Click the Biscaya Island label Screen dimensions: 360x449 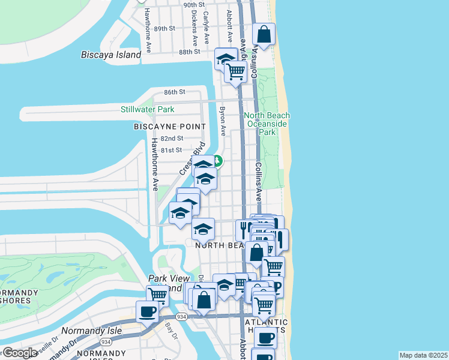coord(111,55)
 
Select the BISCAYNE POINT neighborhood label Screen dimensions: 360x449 coord(169,127)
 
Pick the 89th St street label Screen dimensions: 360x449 coord(164,28)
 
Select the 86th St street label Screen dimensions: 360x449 coord(175,92)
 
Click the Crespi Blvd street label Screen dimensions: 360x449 coord(192,158)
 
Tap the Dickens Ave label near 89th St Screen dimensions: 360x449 coord(194,27)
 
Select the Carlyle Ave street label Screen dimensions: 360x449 coord(206,27)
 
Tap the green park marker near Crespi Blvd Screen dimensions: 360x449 coord(217,161)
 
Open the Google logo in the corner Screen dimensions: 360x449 coord(19,353)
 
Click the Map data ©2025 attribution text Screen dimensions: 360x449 coord(423,355)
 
